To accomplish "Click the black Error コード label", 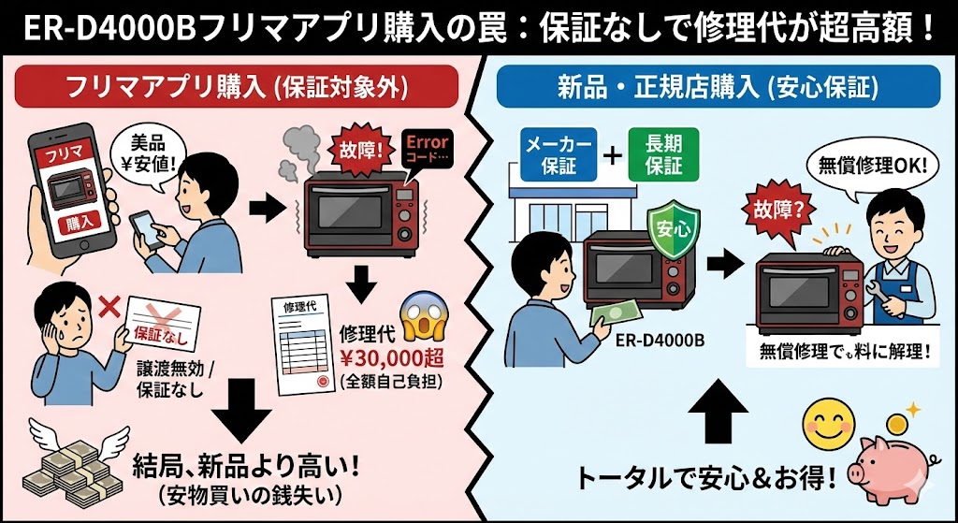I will pyautogui.click(x=426, y=150).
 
